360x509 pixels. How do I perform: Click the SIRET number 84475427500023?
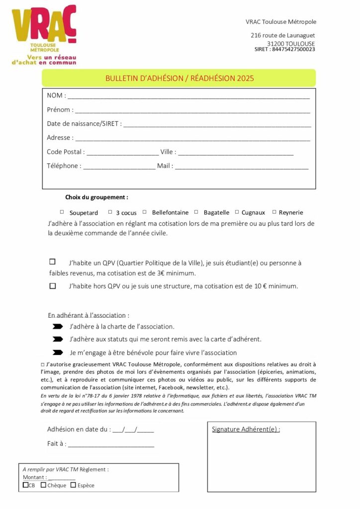pyautogui.click(x=293, y=49)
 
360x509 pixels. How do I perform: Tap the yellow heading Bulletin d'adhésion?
pyautogui.click(x=179, y=78)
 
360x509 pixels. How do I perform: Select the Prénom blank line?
pyautogui.click(x=192, y=111)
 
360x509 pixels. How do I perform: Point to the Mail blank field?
pyautogui.click(x=242, y=167)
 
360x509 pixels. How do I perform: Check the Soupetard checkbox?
pyautogui.click(x=62, y=212)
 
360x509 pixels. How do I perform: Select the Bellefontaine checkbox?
pyautogui.click(x=145, y=212)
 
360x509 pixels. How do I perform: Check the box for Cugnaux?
pyautogui.click(x=237, y=212)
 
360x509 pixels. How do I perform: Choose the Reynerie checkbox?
pyautogui.click(x=274, y=212)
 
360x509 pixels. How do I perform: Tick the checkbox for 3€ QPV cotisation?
pyautogui.click(x=53, y=261)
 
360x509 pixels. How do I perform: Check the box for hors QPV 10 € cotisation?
pyautogui.click(x=53, y=286)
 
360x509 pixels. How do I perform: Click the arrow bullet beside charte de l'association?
pyautogui.click(x=58, y=327)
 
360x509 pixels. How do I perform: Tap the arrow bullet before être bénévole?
pyautogui.click(x=58, y=352)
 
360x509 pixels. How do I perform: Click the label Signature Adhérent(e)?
pyautogui.click(x=246, y=429)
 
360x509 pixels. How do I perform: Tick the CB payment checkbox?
pyautogui.click(x=26, y=485)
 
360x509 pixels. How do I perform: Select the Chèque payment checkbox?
pyautogui.click(x=44, y=485)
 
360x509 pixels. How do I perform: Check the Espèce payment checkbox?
pyautogui.click(x=73, y=485)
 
